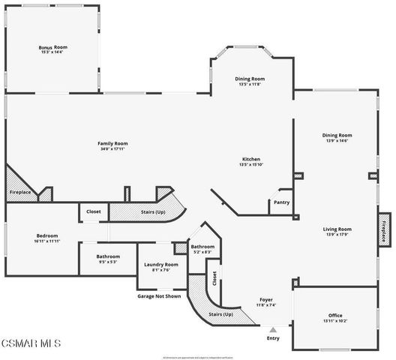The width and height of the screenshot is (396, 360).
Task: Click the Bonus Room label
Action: pyautogui.click(x=53, y=47)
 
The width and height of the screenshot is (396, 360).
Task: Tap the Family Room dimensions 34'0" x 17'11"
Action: pyautogui.click(x=112, y=149)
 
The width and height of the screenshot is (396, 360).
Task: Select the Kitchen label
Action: pyautogui.click(x=250, y=159)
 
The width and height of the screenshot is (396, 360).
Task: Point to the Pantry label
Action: pyautogui.click(x=281, y=202)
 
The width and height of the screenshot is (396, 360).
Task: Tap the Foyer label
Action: pyautogui.click(x=266, y=299)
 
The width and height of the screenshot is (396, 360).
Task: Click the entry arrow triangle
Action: pyautogui.click(x=273, y=328)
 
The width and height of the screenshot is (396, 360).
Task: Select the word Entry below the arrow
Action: pyautogui.click(x=273, y=338)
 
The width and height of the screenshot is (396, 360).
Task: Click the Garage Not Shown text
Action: pyautogui.click(x=159, y=295)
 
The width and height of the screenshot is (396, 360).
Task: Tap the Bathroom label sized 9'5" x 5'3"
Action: pyautogui.click(x=108, y=256)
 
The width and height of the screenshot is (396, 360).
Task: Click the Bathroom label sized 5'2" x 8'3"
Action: pyautogui.click(x=202, y=247)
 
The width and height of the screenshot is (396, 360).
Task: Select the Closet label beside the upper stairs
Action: pyautogui.click(x=94, y=211)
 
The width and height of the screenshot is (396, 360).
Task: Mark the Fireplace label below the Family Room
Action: pyautogui.click(x=20, y=193)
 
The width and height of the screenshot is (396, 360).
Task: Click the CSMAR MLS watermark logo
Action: pyautogui.click(x=31, y=343)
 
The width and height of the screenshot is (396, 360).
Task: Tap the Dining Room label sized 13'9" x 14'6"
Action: pyautogui.click(x=338, y=136)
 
